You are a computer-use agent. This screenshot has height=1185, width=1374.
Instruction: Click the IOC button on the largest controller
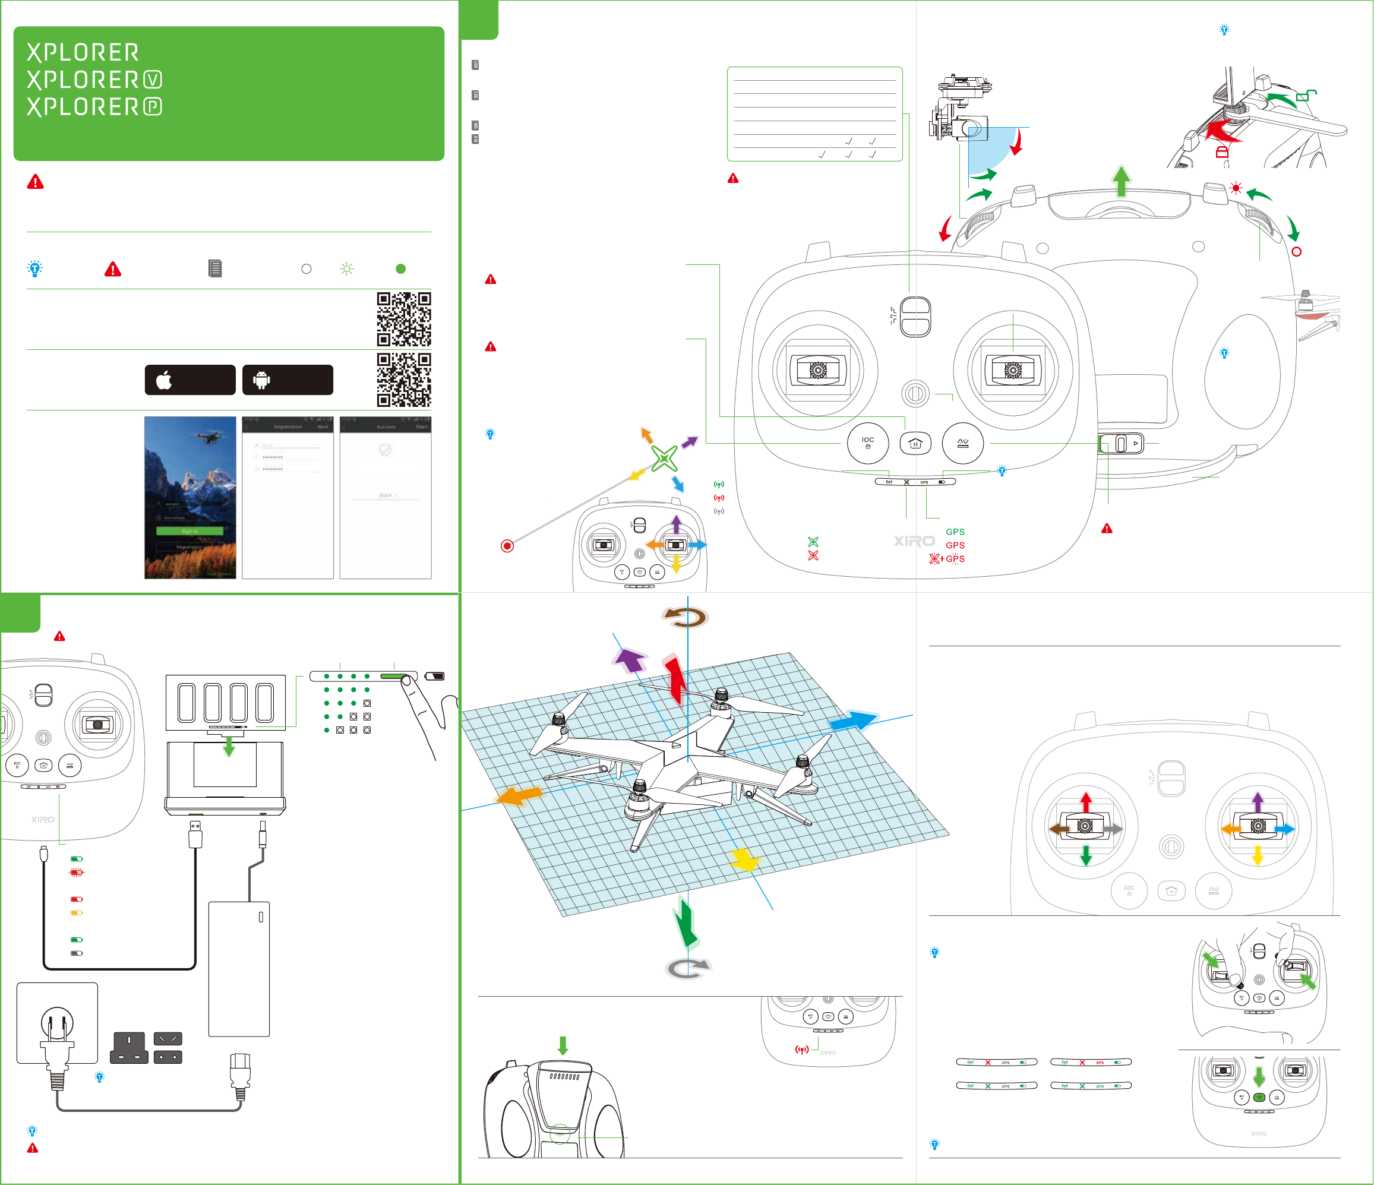(x=867, y=443)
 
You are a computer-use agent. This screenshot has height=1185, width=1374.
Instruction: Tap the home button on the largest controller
(x=915, y=443)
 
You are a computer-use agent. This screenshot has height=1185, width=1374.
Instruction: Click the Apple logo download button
(x=189, y=380)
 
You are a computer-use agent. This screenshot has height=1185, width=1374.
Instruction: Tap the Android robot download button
(x=287, y=380)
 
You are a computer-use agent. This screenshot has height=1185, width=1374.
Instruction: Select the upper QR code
(x=404, y=319)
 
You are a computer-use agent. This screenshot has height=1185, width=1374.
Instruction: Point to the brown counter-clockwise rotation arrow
(x=686, y=617)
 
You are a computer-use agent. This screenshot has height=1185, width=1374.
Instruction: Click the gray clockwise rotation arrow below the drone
(x=688, y=968)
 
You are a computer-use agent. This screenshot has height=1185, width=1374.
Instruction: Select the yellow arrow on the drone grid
(x=745, y=860)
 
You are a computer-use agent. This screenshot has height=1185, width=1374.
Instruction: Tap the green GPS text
(x=955, y=532)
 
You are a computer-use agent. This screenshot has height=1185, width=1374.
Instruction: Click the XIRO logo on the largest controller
(x=914, y=541)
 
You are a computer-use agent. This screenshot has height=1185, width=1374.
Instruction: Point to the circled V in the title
(x=153, y=80)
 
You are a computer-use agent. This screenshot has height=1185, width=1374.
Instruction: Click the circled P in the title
(x=153, y=107)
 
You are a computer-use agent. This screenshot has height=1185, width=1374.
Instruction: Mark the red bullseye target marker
(x=507, y=546)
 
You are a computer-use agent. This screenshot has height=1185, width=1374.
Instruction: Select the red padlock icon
(x=1221, y=153)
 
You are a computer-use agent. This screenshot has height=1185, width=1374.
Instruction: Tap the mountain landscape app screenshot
(x=190, y=497)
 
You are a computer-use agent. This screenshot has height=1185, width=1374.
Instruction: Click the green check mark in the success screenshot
(x=384, y=450)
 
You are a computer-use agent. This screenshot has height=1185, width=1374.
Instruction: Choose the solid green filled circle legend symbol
(x=400, y=268)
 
